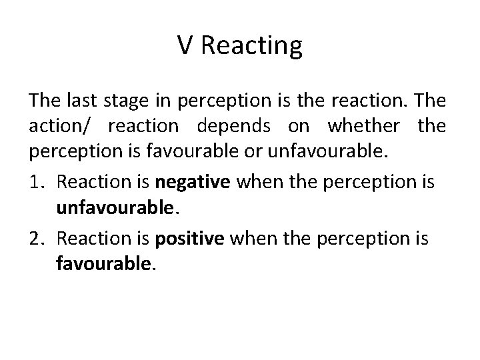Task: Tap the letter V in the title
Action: (x=185, y=47)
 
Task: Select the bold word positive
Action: (x=191, y=238)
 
